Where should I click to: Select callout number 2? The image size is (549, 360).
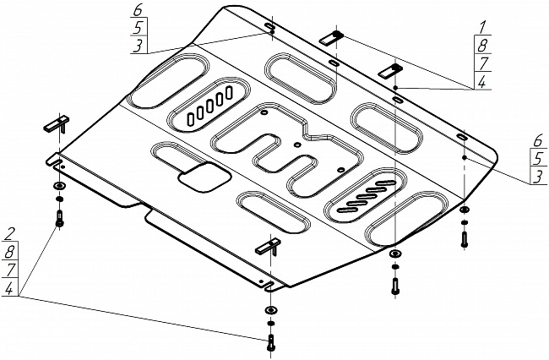click(9, 233)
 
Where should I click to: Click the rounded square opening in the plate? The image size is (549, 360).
click(203, 177)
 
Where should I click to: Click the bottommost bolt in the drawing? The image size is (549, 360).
click(269, 343)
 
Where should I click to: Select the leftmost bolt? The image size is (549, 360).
click(59, 217)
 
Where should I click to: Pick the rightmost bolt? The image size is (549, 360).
click(465, 237)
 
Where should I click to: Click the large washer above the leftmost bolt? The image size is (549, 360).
click(58, 187)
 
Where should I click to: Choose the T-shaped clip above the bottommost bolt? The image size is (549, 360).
click(268, 247)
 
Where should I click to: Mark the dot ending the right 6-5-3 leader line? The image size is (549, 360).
click(464, 156)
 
